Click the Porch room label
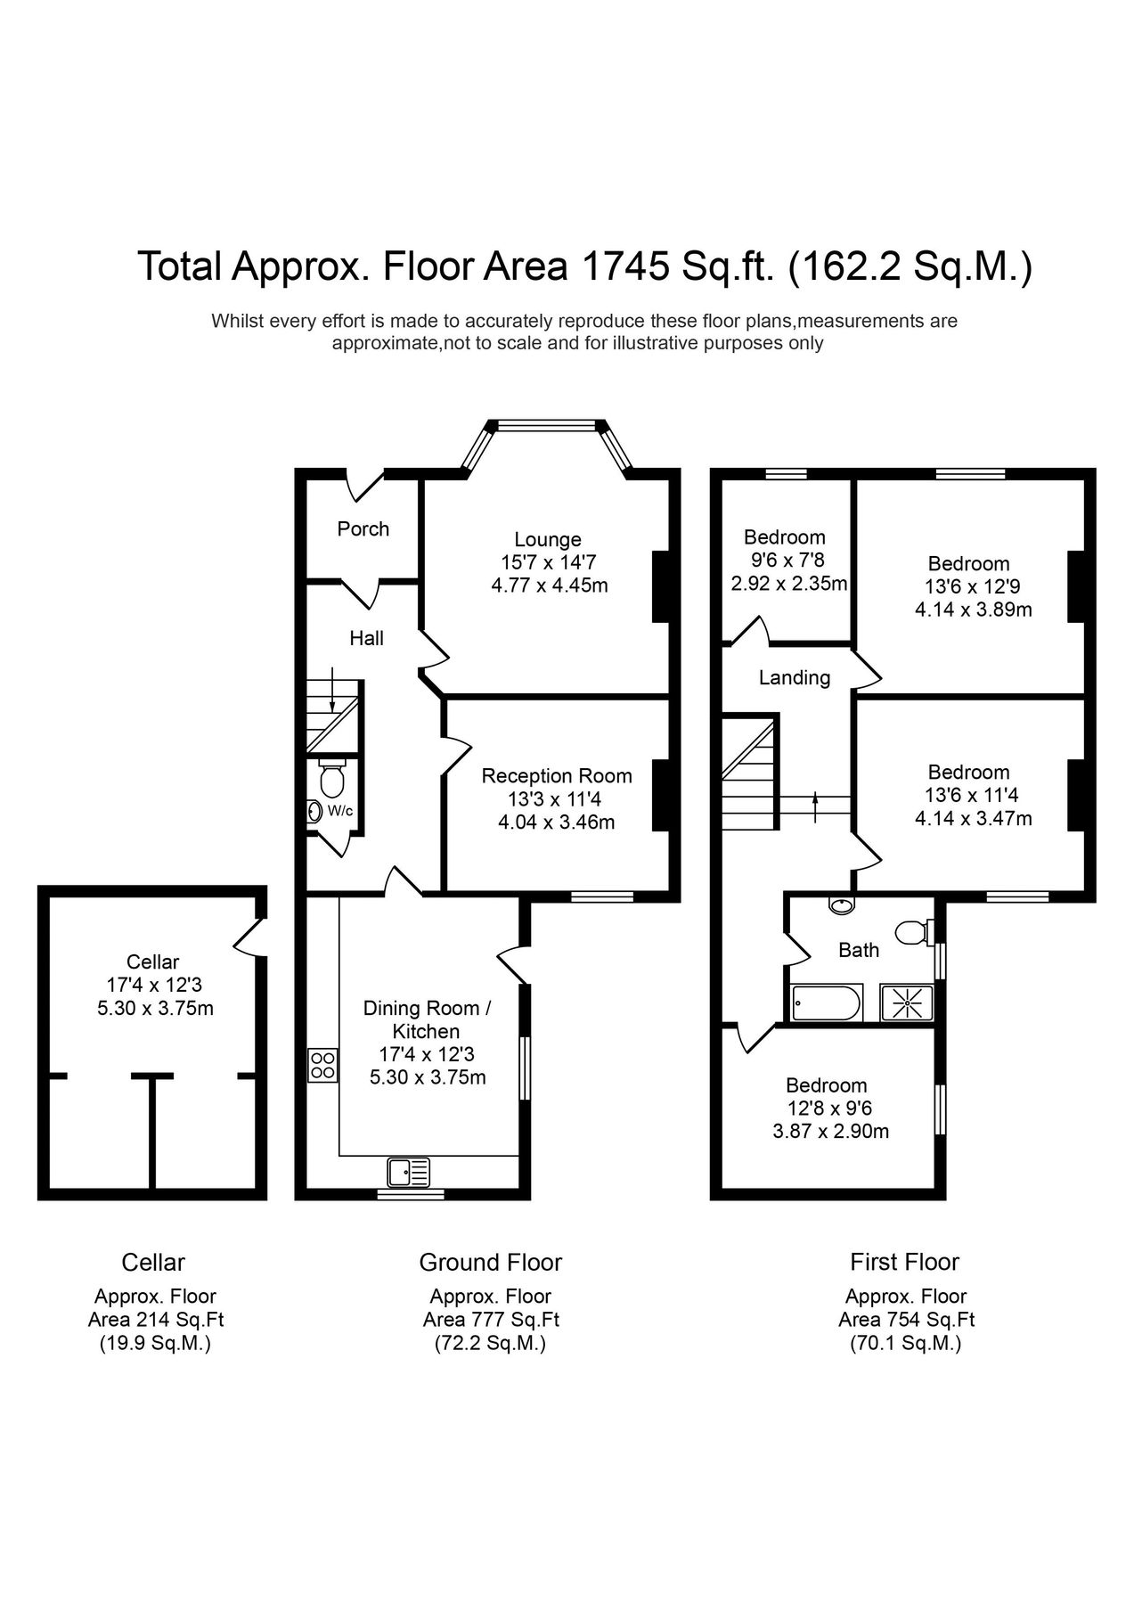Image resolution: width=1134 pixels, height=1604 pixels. tap(363, 528)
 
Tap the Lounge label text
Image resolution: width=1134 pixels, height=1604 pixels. tap(548, 539)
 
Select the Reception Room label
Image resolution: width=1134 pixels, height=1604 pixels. tap(557, 776)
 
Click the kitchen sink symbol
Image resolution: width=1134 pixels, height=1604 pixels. tap(409, 1171)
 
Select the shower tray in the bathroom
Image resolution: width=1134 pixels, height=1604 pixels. tap(907, 1003)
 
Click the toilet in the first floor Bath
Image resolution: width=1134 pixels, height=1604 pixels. tap(914, 932)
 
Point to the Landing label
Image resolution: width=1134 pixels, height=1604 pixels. tap(795, 678)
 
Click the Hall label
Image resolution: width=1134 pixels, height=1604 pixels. tap(367, 638)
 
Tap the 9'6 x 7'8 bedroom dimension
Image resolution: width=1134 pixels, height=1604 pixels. tap(785, 561)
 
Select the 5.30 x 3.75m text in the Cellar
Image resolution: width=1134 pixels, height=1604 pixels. tap(155, 1009)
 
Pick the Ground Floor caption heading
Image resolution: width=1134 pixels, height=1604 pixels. tap(491, 1263)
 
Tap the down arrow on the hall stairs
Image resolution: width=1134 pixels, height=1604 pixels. tap(331, 689)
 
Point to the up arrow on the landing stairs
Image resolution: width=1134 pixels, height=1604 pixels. tap(816, 807)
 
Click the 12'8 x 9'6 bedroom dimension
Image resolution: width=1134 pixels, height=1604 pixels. tap(826, 1109)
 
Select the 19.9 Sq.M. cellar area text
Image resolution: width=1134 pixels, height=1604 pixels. tap(155, 1344)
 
